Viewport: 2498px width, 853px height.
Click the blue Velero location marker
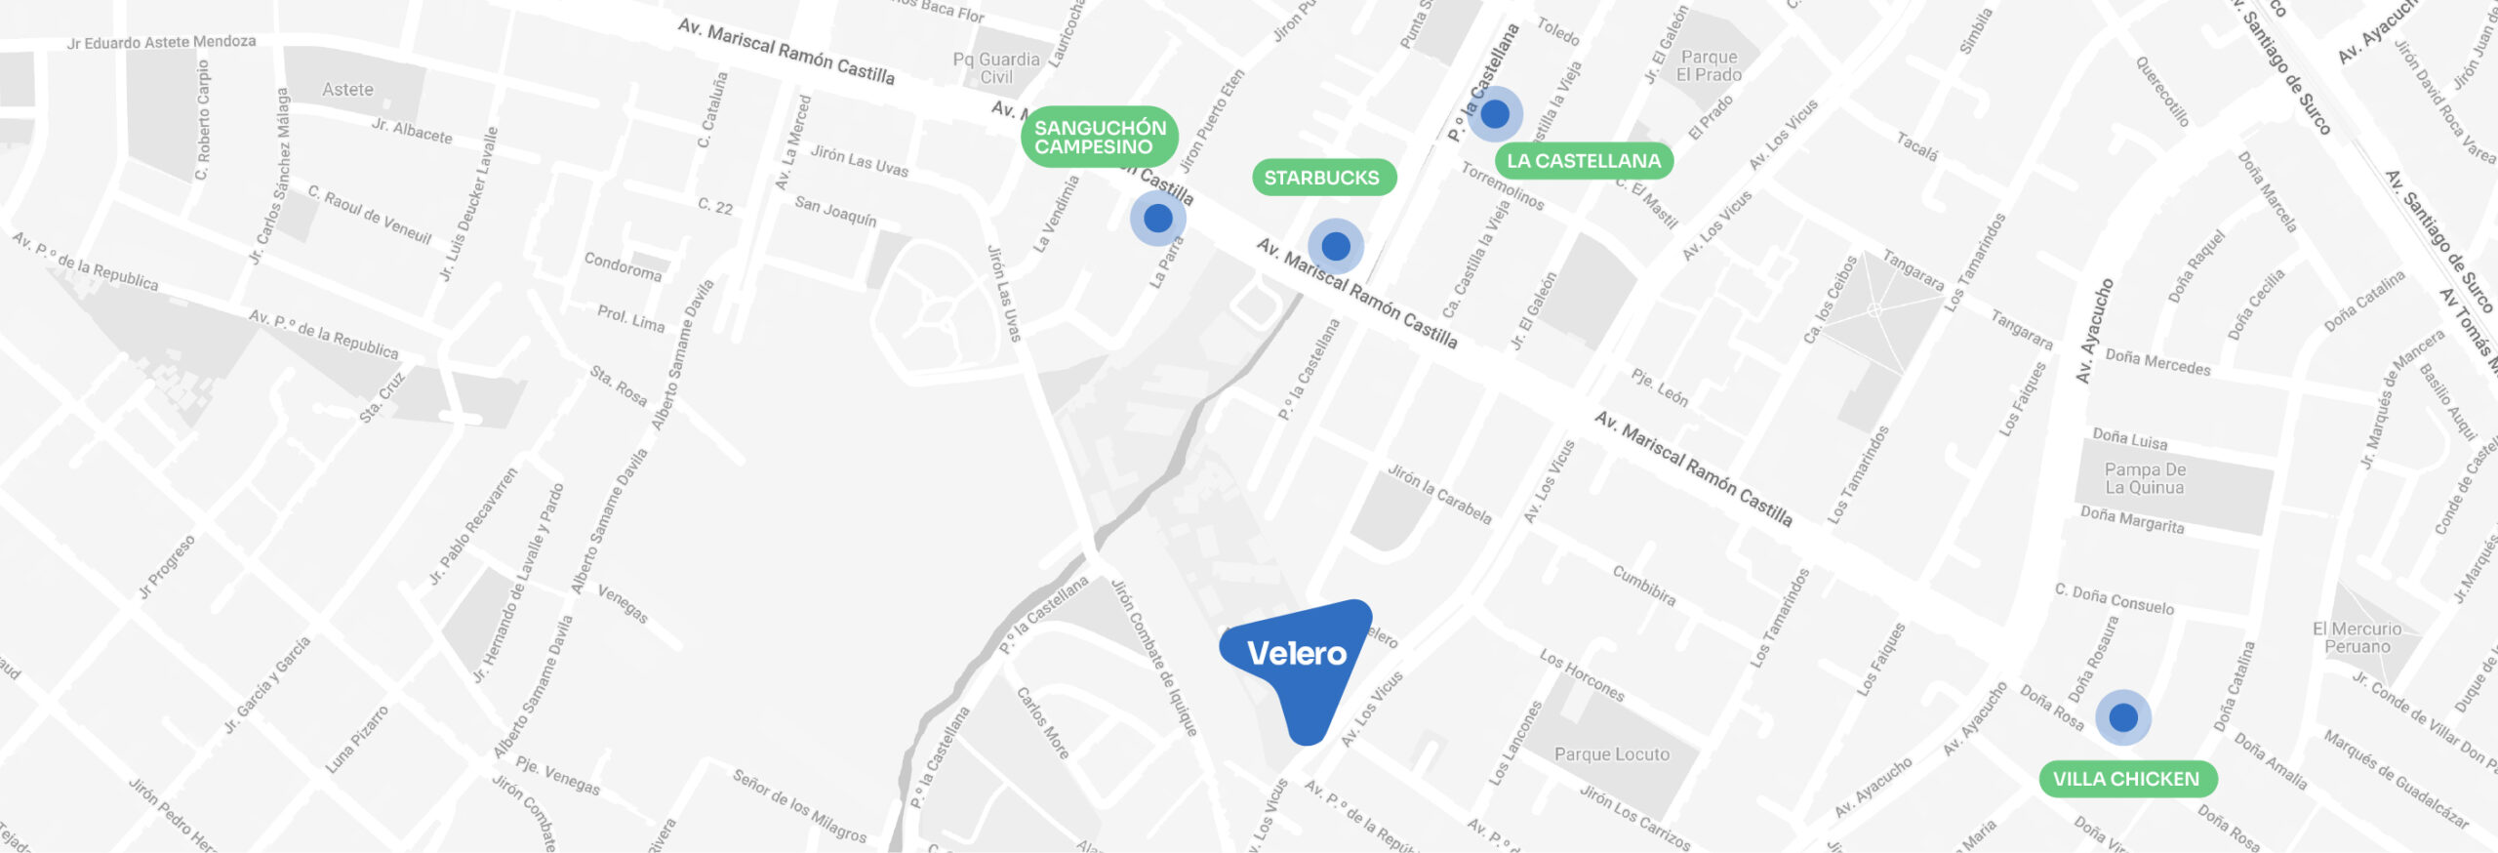point(1296,656)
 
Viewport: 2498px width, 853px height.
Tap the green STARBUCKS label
point(1322,178)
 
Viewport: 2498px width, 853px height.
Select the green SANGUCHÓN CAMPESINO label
point(1100,137)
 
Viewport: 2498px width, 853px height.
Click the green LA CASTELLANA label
point(1583,161)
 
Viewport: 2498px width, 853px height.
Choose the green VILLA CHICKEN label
point(2126,779)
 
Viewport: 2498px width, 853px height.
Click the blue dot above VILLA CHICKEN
point(2123,718)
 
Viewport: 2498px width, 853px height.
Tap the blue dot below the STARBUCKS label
point(1336,246)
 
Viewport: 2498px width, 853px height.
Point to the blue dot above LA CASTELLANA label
point(1495,114)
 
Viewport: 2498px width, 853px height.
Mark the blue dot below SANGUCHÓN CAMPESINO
point(1158,218)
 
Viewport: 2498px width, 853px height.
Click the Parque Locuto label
point(1611,754)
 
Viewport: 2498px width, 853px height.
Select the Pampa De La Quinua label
point(2144,478)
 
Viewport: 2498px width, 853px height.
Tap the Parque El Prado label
point(1709,66)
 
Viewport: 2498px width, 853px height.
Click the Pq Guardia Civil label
point(996,68)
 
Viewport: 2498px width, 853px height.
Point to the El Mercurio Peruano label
point(2357,637)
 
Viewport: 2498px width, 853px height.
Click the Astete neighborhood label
point(347,90)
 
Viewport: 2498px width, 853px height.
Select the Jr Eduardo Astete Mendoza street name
point(161,43)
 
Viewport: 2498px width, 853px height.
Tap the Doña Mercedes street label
point(2157,362)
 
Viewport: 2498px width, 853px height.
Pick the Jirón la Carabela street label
point(1439,494)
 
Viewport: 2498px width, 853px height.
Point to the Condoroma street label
point(623,266)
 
